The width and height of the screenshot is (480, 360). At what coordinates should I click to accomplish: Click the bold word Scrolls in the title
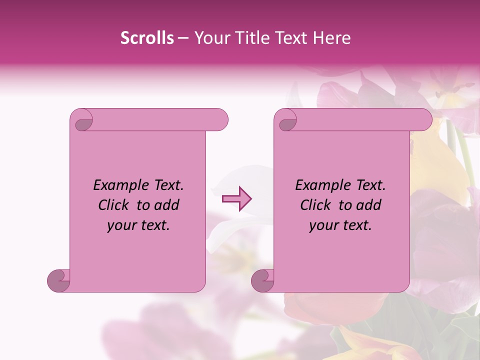[x=147, y=38]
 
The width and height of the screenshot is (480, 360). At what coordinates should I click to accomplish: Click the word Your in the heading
[x=210, y=38]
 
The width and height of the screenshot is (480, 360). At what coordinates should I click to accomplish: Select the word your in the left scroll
[x=121, y=226]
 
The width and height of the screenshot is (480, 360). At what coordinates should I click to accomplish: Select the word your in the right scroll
[x=323, y=226]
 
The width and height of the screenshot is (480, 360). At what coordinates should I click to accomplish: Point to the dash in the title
[x=183, y=38]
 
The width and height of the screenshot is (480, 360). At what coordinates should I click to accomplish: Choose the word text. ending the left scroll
[x=153, y=226]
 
